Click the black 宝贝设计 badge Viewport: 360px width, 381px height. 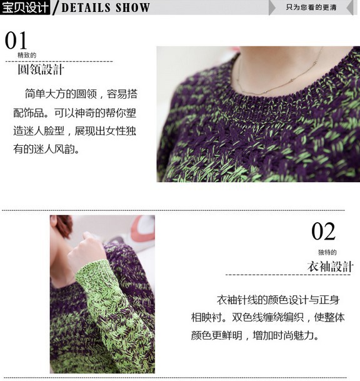[26, 8]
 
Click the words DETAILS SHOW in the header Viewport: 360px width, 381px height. [106, 8]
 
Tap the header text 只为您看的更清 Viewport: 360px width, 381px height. [311, 8]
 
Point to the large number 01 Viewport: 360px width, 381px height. [16, 41]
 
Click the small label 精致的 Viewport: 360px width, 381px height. [27, 56]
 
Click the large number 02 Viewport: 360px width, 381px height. [323, 232]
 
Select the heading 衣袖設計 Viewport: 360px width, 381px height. [331, 267]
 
